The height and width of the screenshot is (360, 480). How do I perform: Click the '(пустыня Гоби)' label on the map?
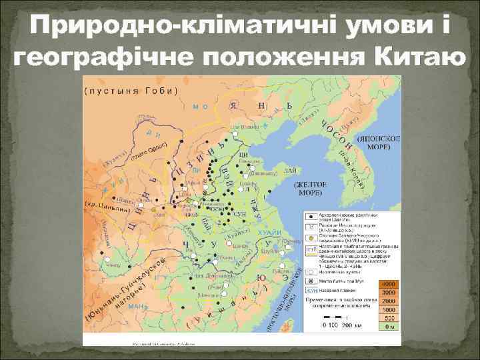pyautogui.click(x=131, y=91)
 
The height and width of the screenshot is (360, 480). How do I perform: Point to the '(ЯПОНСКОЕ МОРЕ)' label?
pyautogui.click(x=378, y=141)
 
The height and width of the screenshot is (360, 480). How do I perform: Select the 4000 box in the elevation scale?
pyautogui.click(x=387, y=284)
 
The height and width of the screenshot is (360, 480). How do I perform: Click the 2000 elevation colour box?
pyautogui.click(x=387, y=301)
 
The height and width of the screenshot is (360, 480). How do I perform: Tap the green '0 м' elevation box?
pyautogui.click(x=387, y=327)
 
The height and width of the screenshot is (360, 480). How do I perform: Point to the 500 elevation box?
pyautogui.click(x=387, y=318)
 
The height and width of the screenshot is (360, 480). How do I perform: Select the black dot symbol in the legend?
pyautogui.click(x=311, y=216)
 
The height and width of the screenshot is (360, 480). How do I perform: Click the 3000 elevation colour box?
pyautogui.click(x=387, y=293)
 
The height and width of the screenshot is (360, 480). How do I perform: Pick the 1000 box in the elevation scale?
pyautogui.click(x=387, y=309)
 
